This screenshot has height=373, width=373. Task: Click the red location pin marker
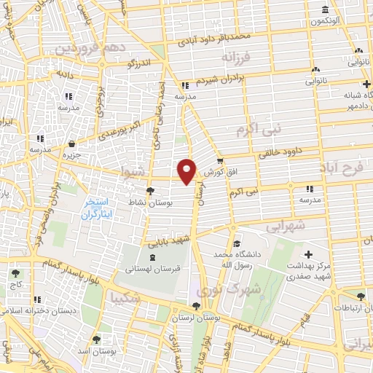[x=188, y=171]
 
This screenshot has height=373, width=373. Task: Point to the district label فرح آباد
[x=341, y=168]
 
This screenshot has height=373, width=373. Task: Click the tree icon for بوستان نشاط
[x=150, y=191]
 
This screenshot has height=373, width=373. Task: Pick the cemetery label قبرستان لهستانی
[x=152, y=269]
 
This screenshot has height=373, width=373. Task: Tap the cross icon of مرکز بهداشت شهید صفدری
[x=309, y=255]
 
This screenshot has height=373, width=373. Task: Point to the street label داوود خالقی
[x=278, y=154]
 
